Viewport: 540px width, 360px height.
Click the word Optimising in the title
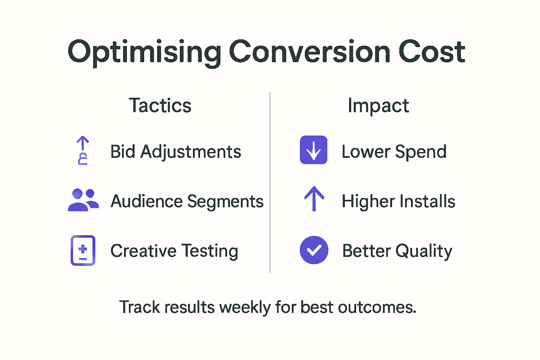pos(144,52)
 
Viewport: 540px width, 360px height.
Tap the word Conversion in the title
pos(309,52)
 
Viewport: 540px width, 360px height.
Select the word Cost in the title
pos(431,52)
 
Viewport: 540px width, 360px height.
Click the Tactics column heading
pos(160,105)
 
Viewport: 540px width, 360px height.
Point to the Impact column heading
pos(378,105)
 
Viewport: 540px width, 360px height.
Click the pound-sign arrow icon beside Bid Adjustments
pos(83,150)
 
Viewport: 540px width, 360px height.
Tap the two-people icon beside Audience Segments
pos(83,200)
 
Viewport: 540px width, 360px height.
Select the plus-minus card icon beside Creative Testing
pos(83,250)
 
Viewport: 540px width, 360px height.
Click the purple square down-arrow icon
pos(314,150)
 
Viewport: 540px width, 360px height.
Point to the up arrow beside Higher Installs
pos(314,199)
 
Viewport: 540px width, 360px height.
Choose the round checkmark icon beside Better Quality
pos(314,250)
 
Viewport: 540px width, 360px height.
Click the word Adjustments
pos(191,152)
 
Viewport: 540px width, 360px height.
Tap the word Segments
pos(225,201)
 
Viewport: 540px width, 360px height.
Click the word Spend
pos(420,152)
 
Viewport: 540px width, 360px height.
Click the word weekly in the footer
pos(245,307)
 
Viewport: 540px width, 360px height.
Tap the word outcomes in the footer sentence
pos(377,307)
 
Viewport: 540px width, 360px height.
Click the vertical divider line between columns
pos(270,183)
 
